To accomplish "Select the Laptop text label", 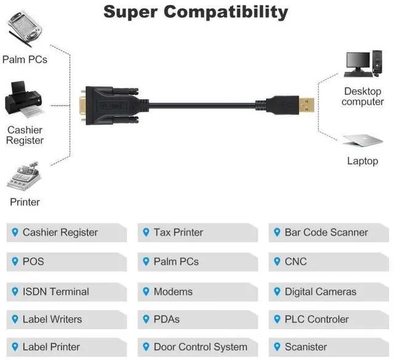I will (x=363, y=161).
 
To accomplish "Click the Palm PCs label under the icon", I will (x=25, y=60).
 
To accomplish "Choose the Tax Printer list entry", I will (x=178, y=233).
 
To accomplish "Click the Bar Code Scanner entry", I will (x=326, y=233).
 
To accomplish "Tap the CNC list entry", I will (x=295, y=262).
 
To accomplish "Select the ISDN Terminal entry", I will (x=55, y=291).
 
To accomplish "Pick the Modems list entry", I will (x=173, y=291).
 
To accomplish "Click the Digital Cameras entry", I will (x=320, y=291).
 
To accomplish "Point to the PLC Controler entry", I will (x=316, y=319).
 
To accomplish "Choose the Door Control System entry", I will (x=200, y=347).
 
